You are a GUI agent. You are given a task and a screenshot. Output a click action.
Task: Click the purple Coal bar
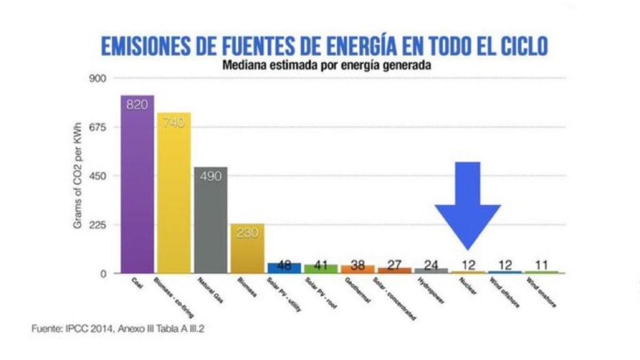point(137,187)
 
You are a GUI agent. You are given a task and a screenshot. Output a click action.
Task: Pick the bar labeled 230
point(247,250)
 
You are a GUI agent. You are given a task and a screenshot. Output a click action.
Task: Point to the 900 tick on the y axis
point(101,79)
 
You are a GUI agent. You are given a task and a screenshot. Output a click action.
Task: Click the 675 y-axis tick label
point(101,127)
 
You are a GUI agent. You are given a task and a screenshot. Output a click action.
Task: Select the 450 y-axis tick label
point(101,176)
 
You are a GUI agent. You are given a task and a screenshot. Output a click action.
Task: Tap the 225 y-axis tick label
point(101,225)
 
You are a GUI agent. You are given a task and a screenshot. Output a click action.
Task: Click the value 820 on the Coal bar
point(137,104)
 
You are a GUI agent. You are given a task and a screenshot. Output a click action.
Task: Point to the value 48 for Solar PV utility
point(284,264)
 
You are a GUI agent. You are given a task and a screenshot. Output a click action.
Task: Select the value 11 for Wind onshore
point(541,264)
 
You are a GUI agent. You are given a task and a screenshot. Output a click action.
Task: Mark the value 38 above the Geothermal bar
point(357,264)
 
